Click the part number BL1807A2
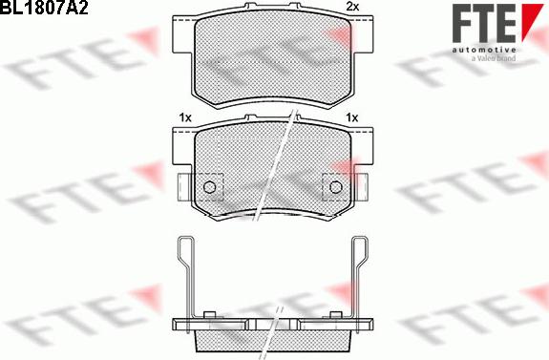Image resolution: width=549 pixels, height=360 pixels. tap(44, 7)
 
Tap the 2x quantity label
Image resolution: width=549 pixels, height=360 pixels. tap(352, 7)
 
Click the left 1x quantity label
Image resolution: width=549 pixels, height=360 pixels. tap(185, 117)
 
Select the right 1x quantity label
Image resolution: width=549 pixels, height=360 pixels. tap(352, 117)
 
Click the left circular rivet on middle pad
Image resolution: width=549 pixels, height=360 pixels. tap(209, 187)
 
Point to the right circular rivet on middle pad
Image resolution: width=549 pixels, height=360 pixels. tap(335, 187)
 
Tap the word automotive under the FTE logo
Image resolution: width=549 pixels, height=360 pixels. tap(484, 50)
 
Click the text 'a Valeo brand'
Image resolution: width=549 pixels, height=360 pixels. tap(494, 58)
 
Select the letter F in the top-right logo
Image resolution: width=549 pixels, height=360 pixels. tap(462, 23)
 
